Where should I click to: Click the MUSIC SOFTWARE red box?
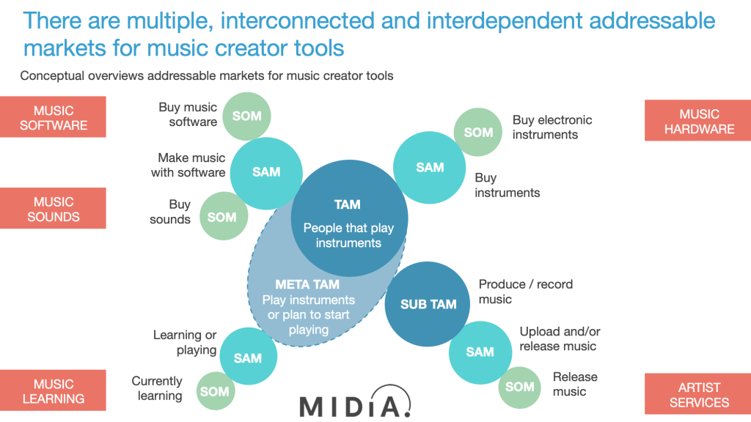tap(53, 117)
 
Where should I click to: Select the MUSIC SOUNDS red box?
tap(53, 208)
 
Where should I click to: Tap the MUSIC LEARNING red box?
tap(53, 390)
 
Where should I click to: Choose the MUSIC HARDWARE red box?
tap(698, 121)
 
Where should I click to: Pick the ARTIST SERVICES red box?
tap(698, 393)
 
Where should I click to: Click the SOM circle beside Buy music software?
tap(246, 116)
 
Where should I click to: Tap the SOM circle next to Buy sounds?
tap(224, 216)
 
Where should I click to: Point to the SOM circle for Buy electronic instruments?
tap(478, 132)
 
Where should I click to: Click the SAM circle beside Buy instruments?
tap(430, 168)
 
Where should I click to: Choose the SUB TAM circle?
tap(428, 304)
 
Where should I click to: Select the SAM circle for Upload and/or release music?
tap(480, 352)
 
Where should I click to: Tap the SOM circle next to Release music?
tap(520, 388)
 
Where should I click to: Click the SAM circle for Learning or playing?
tap(248, 357)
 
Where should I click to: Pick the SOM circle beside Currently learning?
tap(216, 391)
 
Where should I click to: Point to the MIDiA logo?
tap(355, 402)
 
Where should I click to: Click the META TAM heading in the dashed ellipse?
tap(307, 285)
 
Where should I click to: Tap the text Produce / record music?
tap(525, 292)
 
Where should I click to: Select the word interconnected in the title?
tap(298, 21)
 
